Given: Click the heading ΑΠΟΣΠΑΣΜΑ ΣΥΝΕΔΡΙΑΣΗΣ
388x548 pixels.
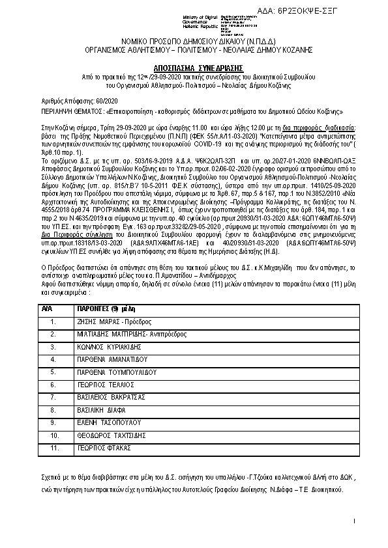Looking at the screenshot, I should click(x=194, y=67).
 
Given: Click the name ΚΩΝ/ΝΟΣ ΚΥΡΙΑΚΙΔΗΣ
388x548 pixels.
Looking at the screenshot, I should click(x=109, y=347).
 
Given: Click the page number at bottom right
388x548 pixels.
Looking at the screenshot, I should click(x=353, y=522).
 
